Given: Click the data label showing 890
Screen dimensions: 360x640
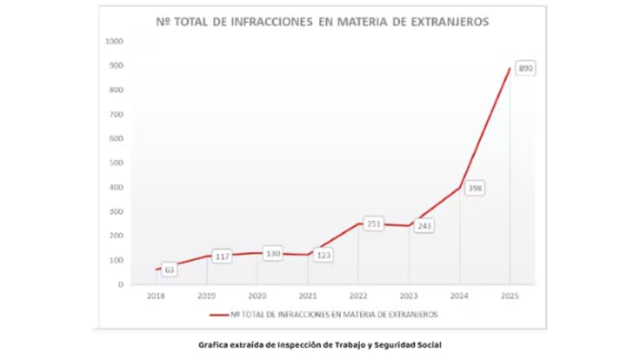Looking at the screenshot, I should pos(525,68).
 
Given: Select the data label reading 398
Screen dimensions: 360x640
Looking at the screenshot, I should pos(475,188).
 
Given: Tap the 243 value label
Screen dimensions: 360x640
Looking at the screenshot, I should pos(424,225).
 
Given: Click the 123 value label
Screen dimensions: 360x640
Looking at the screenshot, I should pos(323,256).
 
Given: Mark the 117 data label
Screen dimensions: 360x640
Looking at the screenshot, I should pos(223,257).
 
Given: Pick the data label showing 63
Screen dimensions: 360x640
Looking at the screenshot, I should pos(170,270).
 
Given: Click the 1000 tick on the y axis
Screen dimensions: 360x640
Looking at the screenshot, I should pos(115,41).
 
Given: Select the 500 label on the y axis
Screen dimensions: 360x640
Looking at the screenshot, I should pos(117,163).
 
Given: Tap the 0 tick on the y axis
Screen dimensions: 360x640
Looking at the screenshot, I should pos(121,284).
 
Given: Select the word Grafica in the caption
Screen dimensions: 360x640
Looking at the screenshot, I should pos(214,345).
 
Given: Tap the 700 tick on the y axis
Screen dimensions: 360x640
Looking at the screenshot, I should pos(117,114).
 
